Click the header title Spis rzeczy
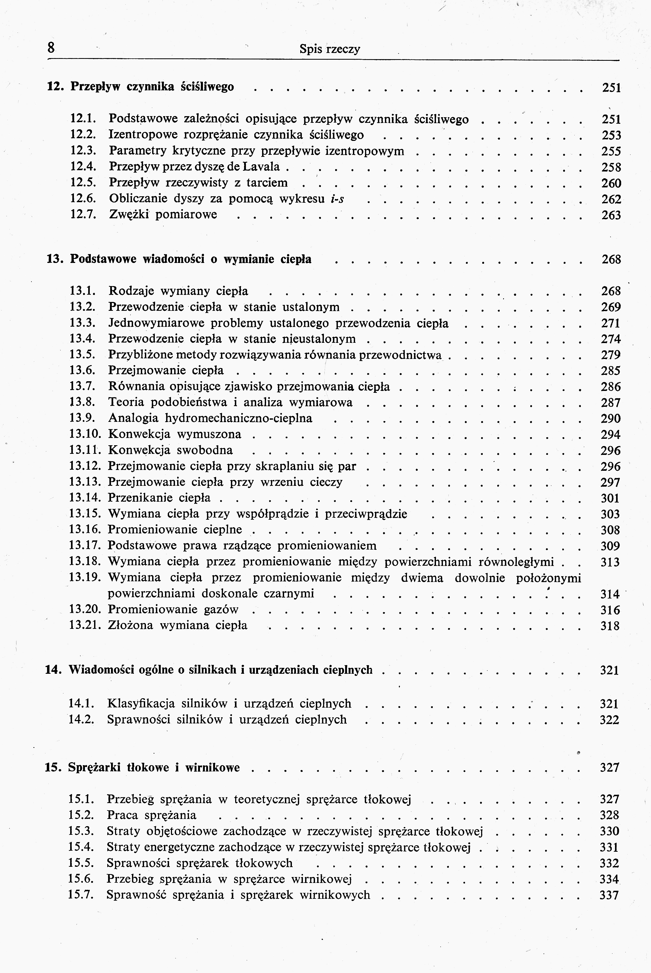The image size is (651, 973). click(x=330, y=49)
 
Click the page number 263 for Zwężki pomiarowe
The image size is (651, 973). click(x=611, y=215)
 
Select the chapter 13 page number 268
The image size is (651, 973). click(x=611, y=259)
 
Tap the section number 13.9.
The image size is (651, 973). click(x=83, y=418)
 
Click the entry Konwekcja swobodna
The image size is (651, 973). click(x=170, y=450)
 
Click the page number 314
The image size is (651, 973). click(x=610, y=594)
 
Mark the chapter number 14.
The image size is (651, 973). click(x=53, y=670)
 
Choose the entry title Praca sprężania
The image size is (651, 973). click(x=152, y=815)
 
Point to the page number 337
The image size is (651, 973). click(x=609, y=895)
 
